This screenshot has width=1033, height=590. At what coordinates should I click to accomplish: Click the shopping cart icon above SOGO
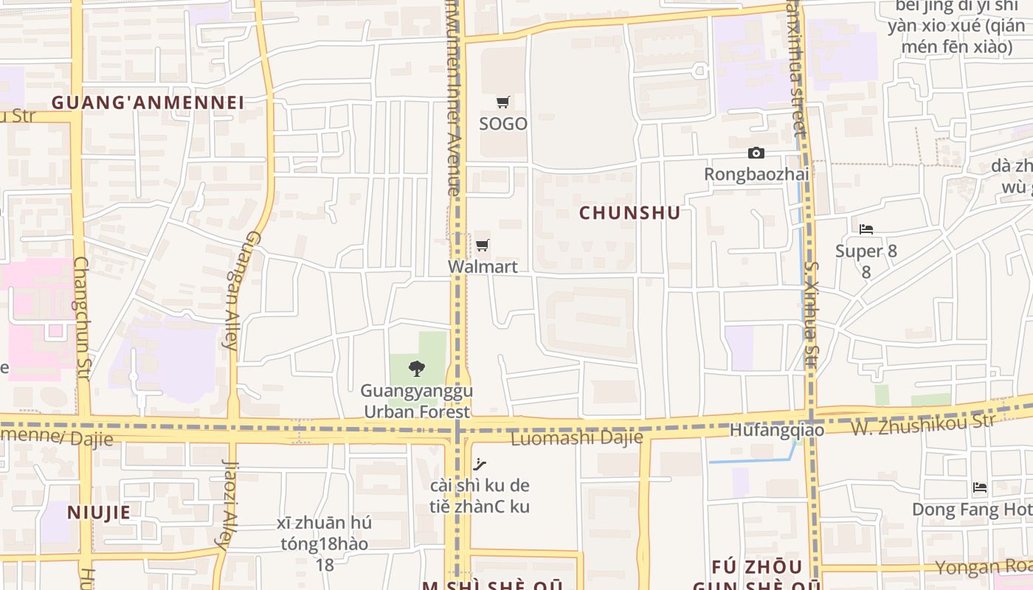click(503, 103)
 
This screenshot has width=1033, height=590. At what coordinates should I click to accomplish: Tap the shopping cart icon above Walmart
click(483, 245)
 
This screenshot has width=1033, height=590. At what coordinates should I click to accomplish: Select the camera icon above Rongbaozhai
click(756, 153)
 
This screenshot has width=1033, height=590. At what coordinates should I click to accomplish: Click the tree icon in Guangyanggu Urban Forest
click(417, 368)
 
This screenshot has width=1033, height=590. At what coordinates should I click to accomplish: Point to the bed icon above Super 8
click(866, 229)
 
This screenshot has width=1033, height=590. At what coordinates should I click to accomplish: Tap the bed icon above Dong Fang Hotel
click(980, 487)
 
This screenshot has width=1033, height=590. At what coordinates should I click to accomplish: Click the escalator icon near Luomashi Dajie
click(480, 464)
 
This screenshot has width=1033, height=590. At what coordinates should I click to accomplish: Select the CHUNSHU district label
click(629, 213)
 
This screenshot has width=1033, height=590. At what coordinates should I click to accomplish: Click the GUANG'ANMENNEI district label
click(148, 103)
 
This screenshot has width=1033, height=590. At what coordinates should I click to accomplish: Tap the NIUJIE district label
click(99, 513)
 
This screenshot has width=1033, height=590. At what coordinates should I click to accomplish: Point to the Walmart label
click(483, 266)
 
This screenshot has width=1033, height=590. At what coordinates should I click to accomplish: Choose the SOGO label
click(503, 124)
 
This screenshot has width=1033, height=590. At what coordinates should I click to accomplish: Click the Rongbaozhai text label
click(756, 175)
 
